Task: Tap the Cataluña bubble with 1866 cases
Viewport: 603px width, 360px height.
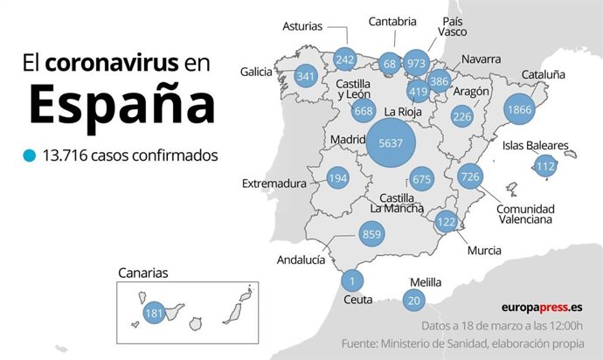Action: click(519, 111)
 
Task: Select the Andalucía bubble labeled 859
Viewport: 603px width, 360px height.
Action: click(371, 234)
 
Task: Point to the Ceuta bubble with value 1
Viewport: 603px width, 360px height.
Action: click(351, 280)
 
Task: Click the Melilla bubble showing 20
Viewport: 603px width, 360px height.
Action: click(414, 301)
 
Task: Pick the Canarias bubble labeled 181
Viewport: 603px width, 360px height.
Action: click(154, 313)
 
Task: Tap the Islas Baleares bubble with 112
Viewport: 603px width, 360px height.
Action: click(546, 166)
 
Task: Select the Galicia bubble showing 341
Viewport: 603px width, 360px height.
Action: click(306, 76)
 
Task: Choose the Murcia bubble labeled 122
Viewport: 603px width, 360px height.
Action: click(447, 222)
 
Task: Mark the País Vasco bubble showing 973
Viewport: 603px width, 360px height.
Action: click(416, 63)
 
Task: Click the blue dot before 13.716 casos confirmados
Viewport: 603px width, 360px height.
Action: click(31, 156)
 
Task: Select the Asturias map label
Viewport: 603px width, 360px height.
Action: click(302, 27)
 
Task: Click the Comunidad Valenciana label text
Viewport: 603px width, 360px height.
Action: click(524, 214)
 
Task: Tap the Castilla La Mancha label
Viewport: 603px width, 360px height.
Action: click(397, 203)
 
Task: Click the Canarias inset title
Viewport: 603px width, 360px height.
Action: click(143, 273)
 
